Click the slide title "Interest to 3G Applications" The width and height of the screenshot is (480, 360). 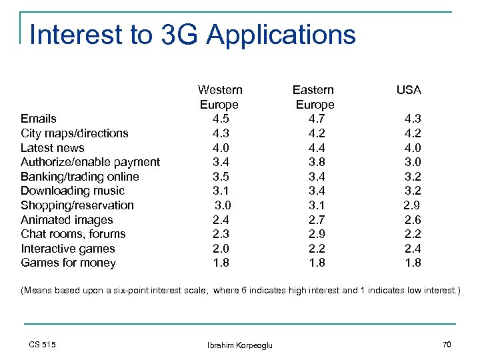(193, 35)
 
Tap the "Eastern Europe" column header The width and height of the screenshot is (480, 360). (314, 97)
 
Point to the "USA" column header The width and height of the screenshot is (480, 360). (409, 90)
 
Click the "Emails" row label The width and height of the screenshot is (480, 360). (39, 119)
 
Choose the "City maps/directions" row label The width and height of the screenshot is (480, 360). (74, 133)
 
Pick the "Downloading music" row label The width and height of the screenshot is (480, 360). (73, 191)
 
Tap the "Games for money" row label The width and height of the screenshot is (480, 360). (68, 263)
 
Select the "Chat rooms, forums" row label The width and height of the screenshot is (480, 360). (73, 234)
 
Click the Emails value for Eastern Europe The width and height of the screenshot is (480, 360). (315, 119)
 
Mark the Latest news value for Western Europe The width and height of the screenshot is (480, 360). (220, 148)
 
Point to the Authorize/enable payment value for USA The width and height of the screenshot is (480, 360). (413, 162)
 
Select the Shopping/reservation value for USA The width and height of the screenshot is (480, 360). (411, 205)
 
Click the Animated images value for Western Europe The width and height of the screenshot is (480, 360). (220, 220)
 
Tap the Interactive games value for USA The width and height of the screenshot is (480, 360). (413, 249)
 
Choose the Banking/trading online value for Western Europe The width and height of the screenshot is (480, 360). (220, 177)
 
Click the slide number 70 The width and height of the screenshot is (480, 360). (447, 345)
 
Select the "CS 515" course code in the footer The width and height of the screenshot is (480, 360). (43, 345)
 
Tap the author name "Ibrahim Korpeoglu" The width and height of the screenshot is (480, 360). (241, 345)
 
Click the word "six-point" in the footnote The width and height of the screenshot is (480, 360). (150, 291)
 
